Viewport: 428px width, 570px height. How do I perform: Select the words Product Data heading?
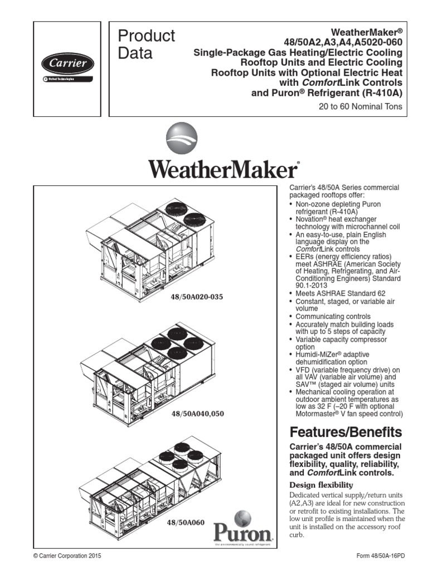tap(147, 45)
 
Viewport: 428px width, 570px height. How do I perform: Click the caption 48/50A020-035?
tap(197, 297)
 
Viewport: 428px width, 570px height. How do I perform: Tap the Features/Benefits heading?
tap(346, 432)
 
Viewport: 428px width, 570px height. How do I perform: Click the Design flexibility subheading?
tap(321, 485)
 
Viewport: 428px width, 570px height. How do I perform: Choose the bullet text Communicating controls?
tap(333, 316)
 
